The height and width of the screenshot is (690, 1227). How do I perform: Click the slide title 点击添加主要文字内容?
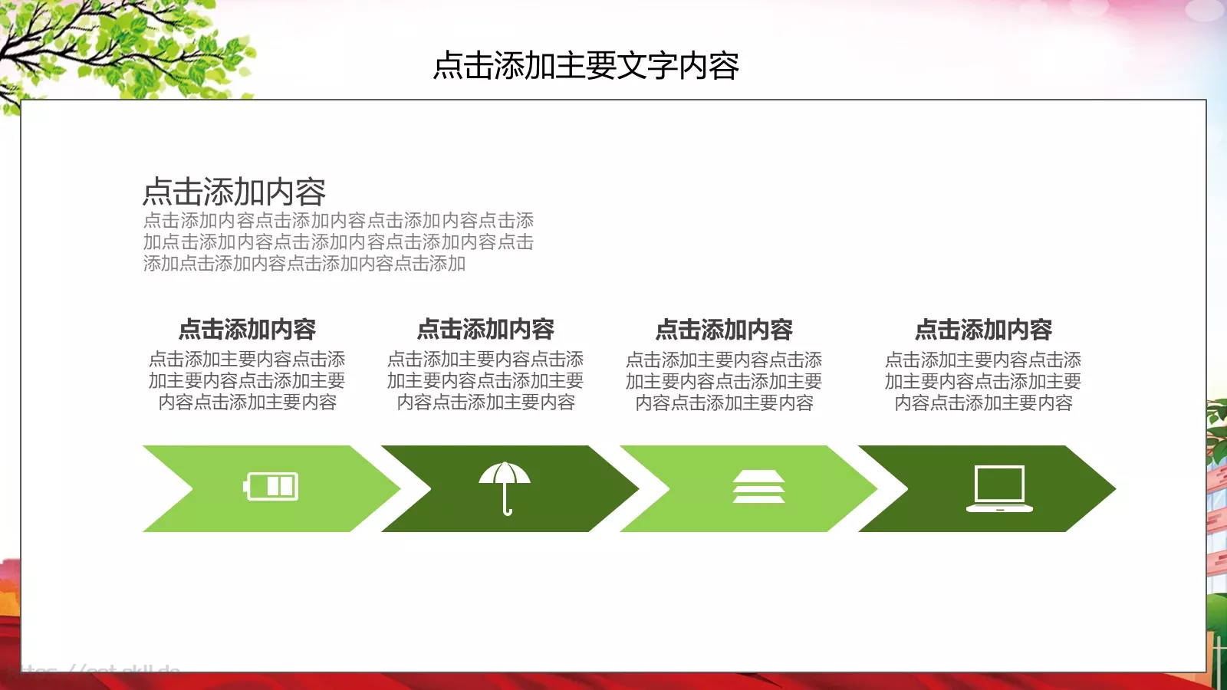coord(586,66)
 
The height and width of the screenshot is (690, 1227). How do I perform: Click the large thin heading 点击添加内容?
coord(235,192)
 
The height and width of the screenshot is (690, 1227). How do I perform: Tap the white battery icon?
coord(271,486)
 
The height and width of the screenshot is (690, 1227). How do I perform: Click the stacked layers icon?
coord(758,487)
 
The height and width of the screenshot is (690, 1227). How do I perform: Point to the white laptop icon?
coord(999,488)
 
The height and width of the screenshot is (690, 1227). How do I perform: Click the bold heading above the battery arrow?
coord(247,330)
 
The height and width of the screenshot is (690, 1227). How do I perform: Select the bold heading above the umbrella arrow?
coord(485,330)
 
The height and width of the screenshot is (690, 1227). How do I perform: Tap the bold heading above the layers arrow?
coord(724,330)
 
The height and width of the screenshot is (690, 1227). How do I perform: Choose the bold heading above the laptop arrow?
coord(983,330)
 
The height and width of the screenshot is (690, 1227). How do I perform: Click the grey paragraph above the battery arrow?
coord(247,381)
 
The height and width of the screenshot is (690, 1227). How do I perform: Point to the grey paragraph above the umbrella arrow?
coord(485,381)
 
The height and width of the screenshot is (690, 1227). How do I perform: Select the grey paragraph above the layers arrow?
coord(724,381)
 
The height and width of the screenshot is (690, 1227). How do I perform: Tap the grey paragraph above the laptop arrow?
coord(983,381)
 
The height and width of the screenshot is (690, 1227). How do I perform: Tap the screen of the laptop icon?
coord(999,484)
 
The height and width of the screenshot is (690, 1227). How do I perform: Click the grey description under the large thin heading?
coord(338,242)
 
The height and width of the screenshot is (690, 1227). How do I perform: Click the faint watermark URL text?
coord(100,672)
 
